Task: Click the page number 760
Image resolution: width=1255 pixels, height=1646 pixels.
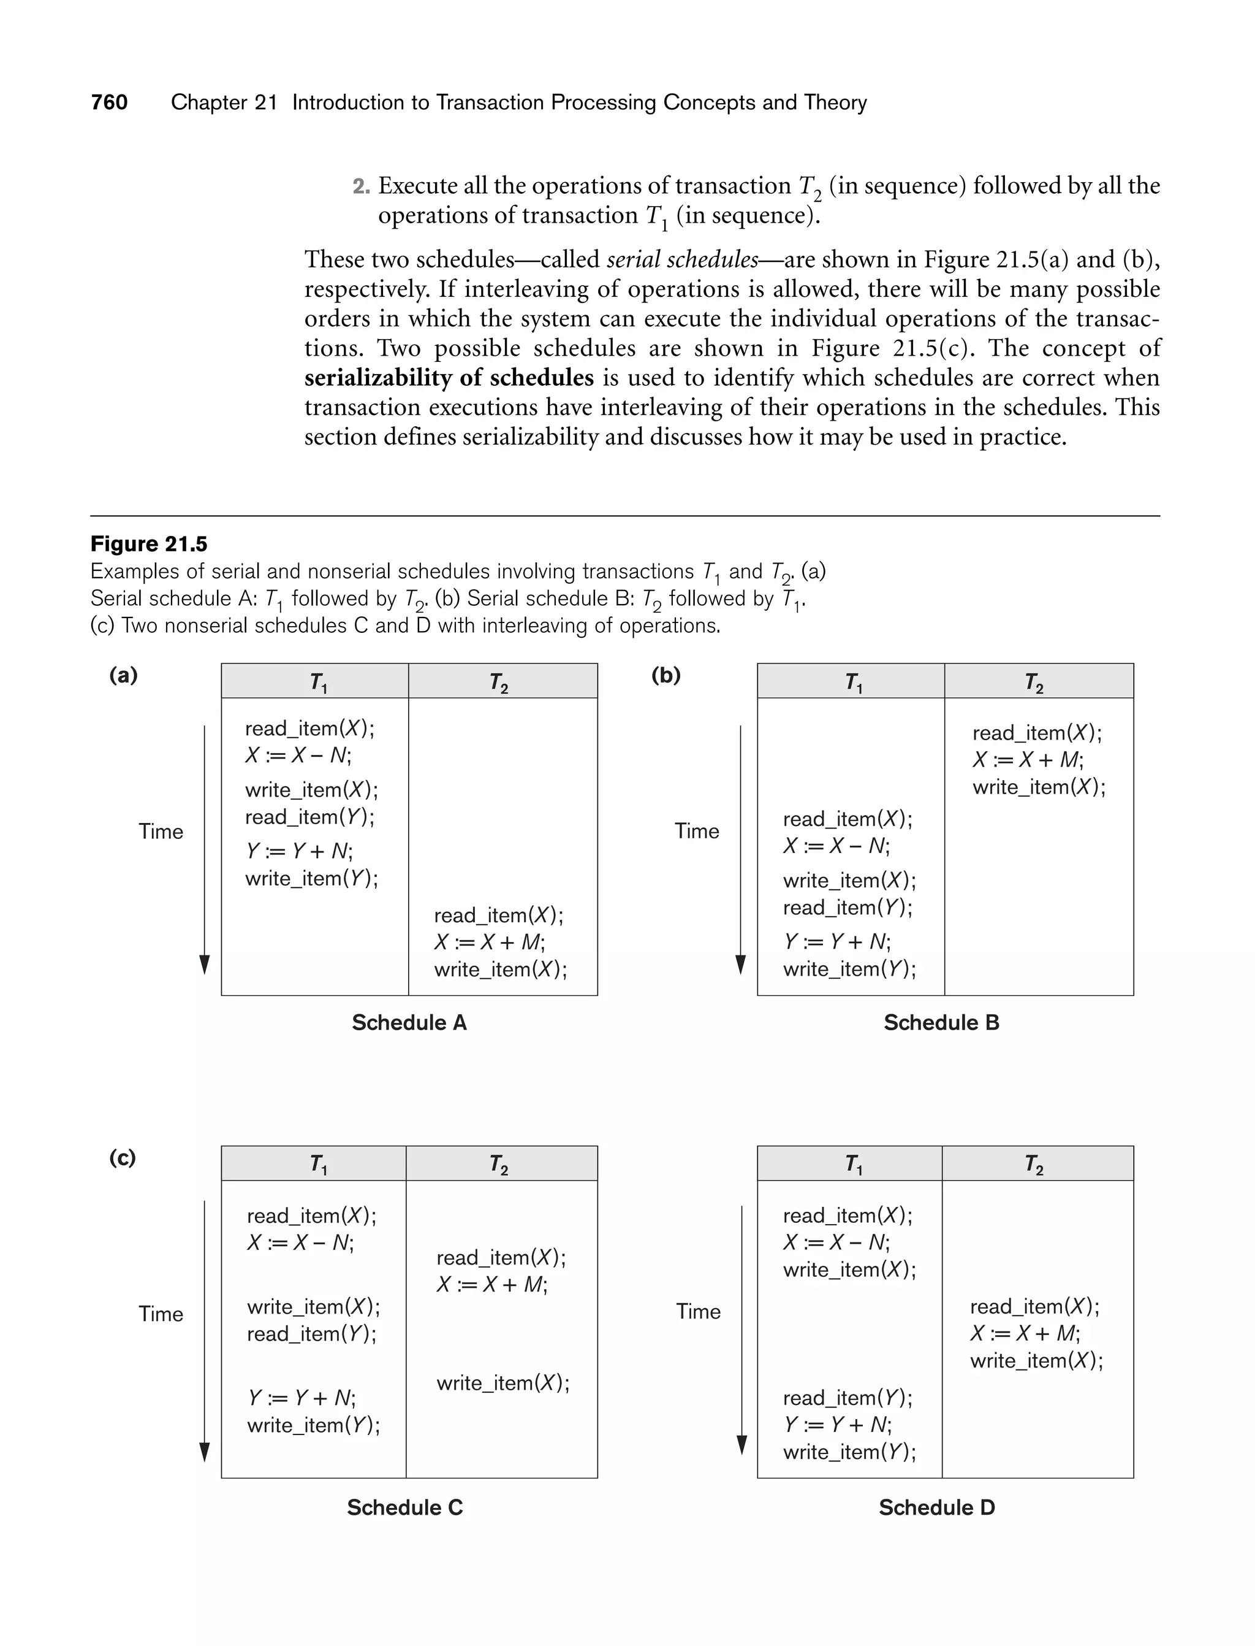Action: (x=109, y=102)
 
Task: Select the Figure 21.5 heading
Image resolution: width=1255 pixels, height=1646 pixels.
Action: (x=149, y=543)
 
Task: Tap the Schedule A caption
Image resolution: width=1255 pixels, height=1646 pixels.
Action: (x=409, y=1022)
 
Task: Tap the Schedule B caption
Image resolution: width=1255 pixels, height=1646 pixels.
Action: (x=941, y=1022)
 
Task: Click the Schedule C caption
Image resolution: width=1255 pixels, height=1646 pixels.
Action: (x=404, y=1507)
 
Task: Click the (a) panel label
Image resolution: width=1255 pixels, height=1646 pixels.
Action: (x=123, y=675)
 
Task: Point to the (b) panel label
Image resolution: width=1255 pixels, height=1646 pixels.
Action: (x=665, y=675)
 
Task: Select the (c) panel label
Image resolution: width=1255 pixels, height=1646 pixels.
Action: (x=123, y=1158)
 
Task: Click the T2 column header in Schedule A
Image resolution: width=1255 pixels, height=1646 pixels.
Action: (x=498, y=682)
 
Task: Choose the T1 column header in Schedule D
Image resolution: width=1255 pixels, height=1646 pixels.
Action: (x=852, y=1164)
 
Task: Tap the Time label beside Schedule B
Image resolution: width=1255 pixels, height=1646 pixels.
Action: (x=696, y=830)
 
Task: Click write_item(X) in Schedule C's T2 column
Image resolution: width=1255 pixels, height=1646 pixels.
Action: (x=502, y=1383)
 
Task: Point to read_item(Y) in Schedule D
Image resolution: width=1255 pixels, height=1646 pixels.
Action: (x=847, y=1397)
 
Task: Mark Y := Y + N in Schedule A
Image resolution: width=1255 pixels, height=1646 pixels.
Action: (x=299, y=851)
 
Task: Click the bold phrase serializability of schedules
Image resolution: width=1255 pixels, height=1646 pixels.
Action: (x=448, y=378)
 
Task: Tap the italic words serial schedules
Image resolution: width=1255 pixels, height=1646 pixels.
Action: (x=682, y=259)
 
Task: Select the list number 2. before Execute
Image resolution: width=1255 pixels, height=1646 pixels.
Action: (x=361, y=186)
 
